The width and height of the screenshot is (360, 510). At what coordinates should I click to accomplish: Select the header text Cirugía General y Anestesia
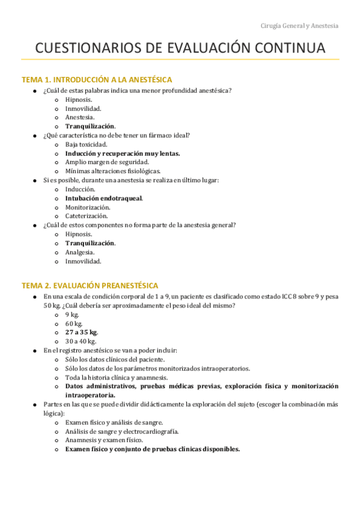click(x=299, y=26)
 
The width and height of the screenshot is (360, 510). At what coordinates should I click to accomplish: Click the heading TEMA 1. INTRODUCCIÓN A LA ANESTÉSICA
click(x=97, y=79)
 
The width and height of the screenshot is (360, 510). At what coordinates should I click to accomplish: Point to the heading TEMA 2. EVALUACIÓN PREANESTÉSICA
click(x=90, y=285)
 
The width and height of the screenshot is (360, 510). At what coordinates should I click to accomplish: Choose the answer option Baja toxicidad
click(x=87, y=144)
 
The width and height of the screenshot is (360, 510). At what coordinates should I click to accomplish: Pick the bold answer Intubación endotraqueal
click(x=104, y=198)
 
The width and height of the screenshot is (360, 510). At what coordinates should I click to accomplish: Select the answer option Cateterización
click(x=87, y=216)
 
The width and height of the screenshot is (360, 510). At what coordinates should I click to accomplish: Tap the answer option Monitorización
click(x=88, y=207)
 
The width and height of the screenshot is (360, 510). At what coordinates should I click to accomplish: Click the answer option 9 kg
click(x=72, y=315)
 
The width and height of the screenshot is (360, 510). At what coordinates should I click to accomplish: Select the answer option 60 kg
click(x=74, y=324)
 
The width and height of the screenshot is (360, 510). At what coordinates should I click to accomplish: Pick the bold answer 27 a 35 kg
click(x=82, y=332)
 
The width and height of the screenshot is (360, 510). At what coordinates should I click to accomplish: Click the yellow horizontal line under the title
click(x=180, y=60)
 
